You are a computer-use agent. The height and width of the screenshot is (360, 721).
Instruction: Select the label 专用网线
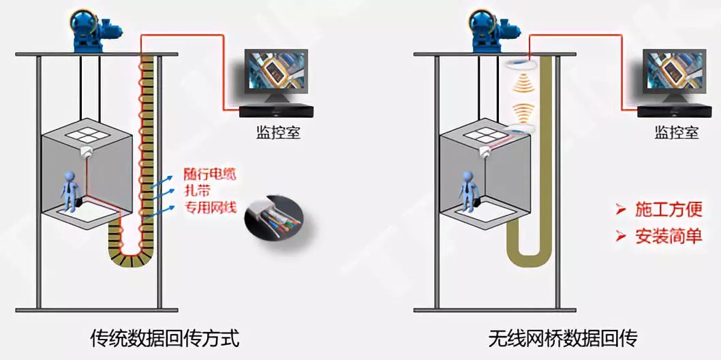pos(211,207)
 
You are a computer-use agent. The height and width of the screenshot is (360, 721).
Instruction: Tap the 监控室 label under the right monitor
pos(677,132)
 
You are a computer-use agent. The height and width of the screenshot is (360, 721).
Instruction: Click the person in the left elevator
pos(70,190)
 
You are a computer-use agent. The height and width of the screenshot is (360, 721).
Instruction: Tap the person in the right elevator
pos(467,190)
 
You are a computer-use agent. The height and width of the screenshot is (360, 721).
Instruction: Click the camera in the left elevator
pos(87,153)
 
